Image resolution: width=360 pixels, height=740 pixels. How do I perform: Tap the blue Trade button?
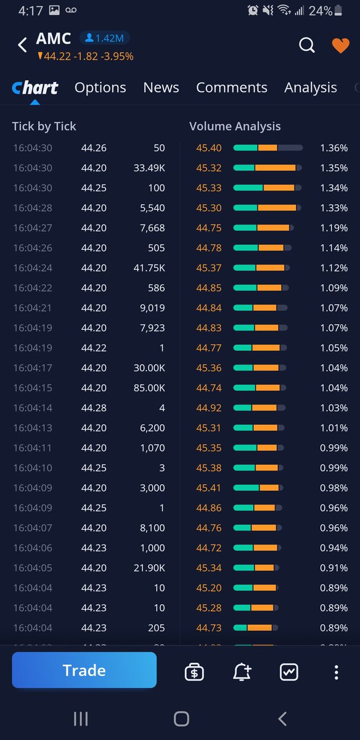coord(84,670)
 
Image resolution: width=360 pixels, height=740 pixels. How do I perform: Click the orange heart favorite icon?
coord(340,46)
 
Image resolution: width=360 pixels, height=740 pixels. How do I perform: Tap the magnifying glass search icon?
coord(306,45)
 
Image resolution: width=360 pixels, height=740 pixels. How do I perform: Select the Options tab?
coord(100,88)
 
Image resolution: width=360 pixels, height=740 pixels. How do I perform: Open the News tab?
coord(161,88)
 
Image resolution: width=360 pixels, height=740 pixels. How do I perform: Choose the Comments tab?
coord(231,88)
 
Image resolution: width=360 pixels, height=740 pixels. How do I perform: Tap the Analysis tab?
coord(310,88)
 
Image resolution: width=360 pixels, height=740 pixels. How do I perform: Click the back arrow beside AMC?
coord(22,44)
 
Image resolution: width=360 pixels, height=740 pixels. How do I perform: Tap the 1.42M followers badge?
coord(104,39)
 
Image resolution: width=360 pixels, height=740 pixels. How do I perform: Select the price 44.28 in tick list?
coord(94,408)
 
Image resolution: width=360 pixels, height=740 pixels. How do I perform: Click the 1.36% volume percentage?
coord(333,148)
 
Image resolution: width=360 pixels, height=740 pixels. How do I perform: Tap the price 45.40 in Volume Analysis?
coord(209,148)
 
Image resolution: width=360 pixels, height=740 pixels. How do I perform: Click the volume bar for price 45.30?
coord(268,208)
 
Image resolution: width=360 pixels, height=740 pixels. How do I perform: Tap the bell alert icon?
coord(242,672)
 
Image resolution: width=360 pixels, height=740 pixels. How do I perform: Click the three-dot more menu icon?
coord(336,672)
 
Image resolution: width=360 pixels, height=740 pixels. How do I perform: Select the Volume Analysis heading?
coord(235,126)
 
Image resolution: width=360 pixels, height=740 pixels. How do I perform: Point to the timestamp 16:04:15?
coord(32,388)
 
